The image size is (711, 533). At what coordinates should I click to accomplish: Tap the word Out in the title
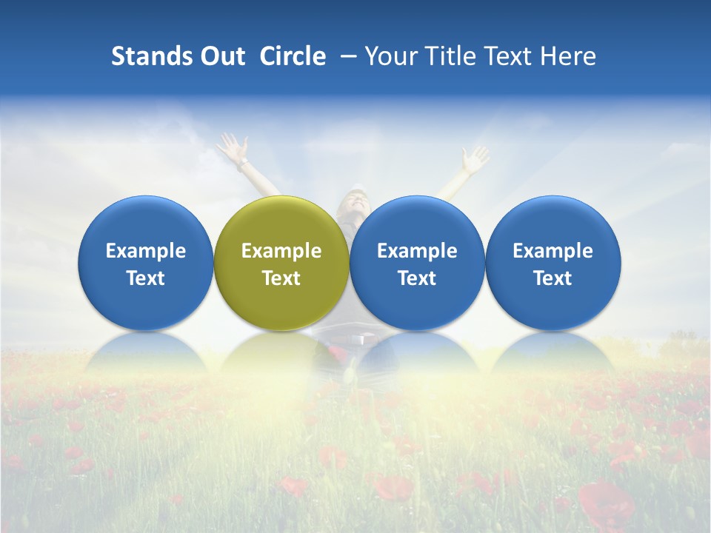point(221,56)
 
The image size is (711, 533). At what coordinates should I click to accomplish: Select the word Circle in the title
point(293,56)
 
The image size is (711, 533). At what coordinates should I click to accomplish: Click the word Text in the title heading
point(507,56)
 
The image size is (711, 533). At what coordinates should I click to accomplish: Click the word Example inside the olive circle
point(281,251)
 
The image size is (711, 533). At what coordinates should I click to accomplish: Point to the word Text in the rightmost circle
point(553,278)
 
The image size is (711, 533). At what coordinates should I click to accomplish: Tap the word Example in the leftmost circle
point(146,251)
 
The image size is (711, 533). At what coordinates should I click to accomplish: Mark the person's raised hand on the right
point(474,158)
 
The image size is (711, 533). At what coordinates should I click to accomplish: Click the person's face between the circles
point(353,201)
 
